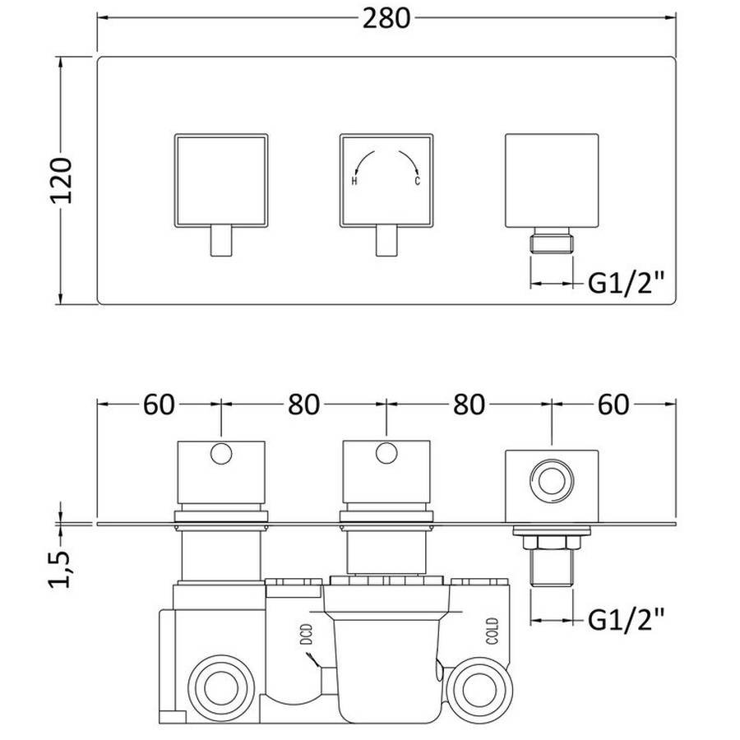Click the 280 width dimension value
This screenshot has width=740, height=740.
coord(386,19)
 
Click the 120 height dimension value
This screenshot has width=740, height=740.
coord(62,181)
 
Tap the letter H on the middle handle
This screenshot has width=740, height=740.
coord(354,181)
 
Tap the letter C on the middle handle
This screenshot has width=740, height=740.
coord(417,181)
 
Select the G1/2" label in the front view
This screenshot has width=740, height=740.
coord(626,284)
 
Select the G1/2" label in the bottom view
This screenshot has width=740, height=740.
coord(626,620)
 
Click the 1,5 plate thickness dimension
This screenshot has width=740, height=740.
coord(60,569)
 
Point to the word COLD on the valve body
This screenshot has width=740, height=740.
coord(493,631)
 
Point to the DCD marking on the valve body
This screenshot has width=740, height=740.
coord(307,634)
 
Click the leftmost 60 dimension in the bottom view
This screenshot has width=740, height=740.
coord(159,405)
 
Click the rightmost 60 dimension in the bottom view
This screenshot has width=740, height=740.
coord(613,405)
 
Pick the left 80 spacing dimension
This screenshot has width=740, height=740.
coord(304,405)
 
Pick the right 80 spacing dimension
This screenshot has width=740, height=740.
coord(469,405)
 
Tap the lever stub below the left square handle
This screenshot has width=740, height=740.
coord(221,241)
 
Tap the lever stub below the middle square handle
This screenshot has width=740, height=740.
coord(386,241)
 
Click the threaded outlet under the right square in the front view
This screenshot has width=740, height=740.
coord(552,240)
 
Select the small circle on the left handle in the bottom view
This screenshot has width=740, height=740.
coord(221,453)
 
